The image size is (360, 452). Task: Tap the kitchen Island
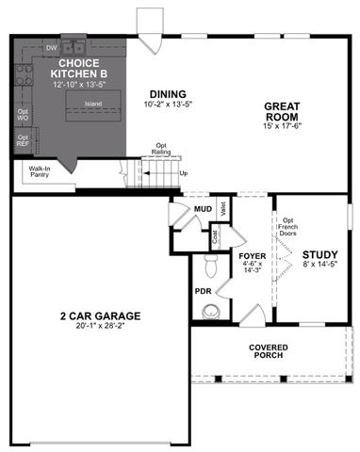point(92,104)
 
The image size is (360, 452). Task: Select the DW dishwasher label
point(52,45)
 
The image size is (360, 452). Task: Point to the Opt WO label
point(23,115)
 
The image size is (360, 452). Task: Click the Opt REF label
point(23,140)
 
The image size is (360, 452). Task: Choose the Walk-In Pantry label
point(34,171)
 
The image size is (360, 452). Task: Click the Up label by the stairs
point(182,173)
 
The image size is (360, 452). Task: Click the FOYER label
point(252,255)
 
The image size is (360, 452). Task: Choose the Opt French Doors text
point(288,225)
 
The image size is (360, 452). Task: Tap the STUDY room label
point(319,254)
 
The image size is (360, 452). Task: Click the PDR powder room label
point(203,291)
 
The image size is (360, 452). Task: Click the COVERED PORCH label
point(269,352)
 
